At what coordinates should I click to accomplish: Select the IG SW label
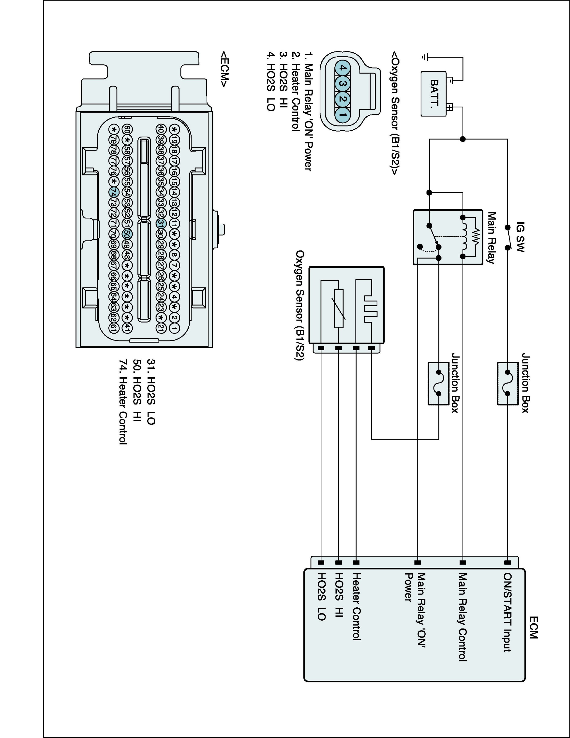[520, 237]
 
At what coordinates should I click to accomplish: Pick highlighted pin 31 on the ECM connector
[161, 223]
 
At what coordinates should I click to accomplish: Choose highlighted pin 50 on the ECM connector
[127, 233]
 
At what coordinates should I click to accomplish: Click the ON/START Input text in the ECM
[508, 612]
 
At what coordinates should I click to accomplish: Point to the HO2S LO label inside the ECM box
[321, 596]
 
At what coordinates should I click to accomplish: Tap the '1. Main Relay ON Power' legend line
[308, 111]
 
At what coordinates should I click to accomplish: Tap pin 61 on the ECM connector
[114, 327]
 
